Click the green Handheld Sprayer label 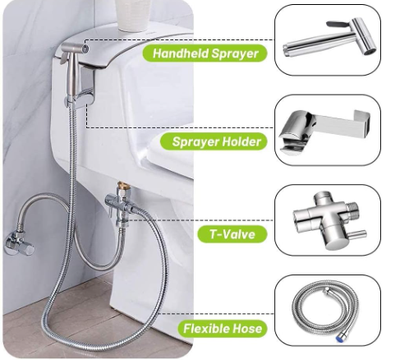point(204,53)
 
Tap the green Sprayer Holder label point(214,141)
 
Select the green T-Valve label point(232,234)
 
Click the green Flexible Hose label point(223,328)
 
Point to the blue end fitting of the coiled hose point(340,338)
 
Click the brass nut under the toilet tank point(122,187)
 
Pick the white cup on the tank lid point(133,14)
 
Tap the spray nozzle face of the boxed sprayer point(370,51)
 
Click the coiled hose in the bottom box point(325,311)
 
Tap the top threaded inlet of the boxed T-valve point(324,197)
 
